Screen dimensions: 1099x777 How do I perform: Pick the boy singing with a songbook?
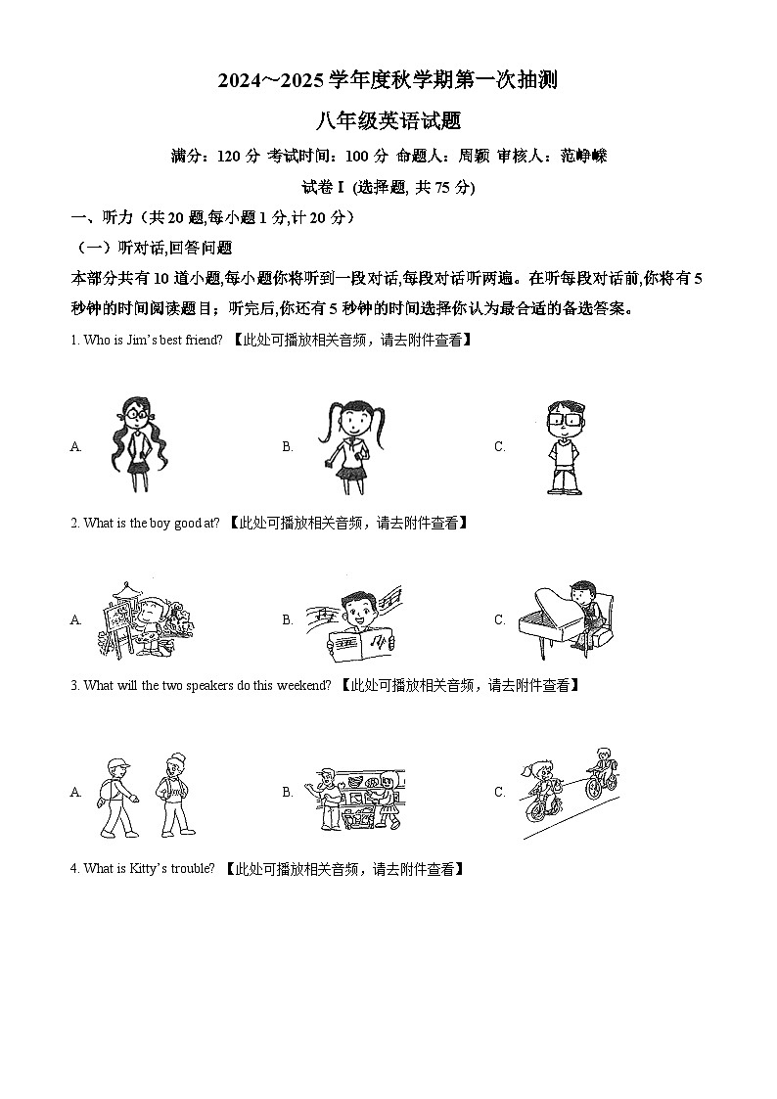pos(354,619)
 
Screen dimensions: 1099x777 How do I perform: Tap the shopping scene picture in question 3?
pos(358,795)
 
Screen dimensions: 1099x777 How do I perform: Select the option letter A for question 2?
pos(75,619)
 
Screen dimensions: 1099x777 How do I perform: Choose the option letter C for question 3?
pos(499,793)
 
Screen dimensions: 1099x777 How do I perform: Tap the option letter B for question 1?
pos(288,446)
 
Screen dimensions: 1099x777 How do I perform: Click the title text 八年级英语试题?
pos(388,121)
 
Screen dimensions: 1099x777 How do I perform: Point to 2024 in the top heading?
pos(242,82)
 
